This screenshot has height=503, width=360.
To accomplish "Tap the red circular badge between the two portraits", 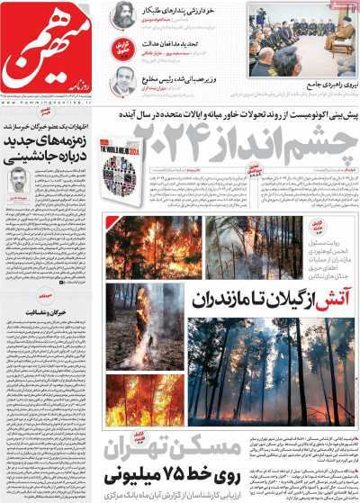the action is (123, 49).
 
